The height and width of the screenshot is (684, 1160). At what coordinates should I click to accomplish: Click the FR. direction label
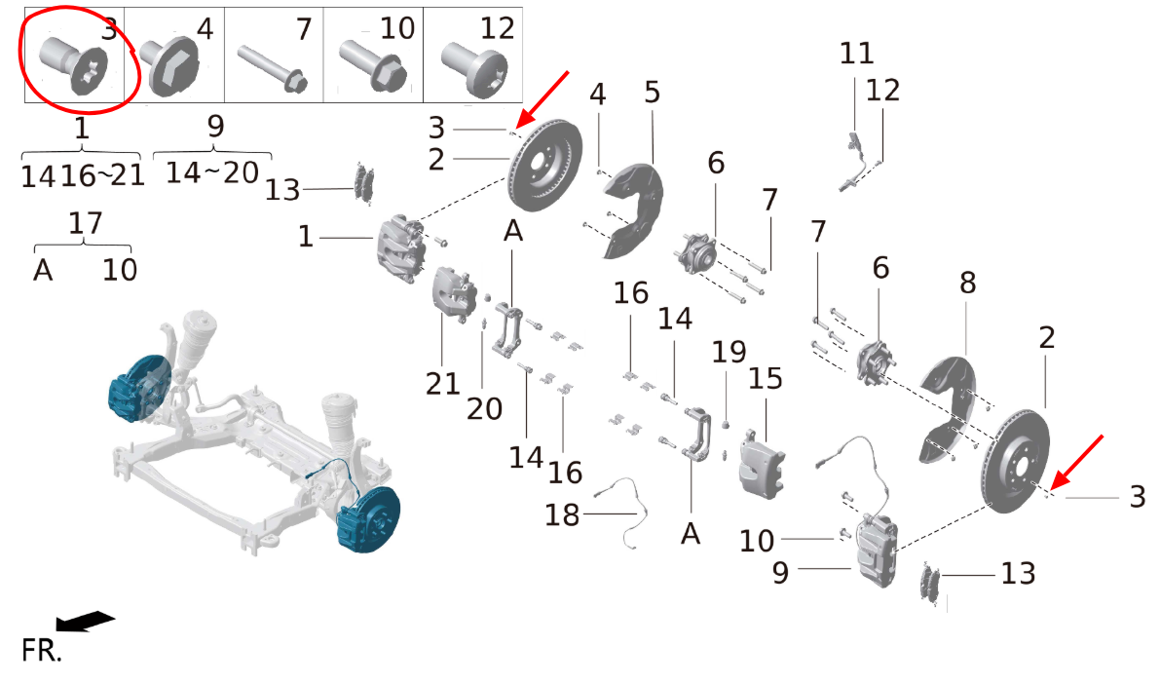tap(42, 651)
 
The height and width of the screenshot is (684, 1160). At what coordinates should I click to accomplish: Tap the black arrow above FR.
tap(85, 621)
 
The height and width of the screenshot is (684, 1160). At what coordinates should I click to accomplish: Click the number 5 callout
tap(651, 93)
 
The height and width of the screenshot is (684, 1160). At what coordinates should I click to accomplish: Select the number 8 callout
tap(968, 282)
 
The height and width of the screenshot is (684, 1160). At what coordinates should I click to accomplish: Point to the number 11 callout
tap(857, 54)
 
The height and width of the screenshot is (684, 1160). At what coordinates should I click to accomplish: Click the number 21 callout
tap(442, 384)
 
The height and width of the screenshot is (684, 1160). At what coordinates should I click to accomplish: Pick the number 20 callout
tap(485, 408)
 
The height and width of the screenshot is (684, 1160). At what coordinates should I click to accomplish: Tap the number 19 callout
tap(729, 352)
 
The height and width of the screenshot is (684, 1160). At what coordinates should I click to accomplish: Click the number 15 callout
tap(765, 378)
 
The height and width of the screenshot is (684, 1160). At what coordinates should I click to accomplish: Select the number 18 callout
tap(562, 514)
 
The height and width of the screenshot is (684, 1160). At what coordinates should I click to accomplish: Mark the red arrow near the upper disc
tap(543, 99)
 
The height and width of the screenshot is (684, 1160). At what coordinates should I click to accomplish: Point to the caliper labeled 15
tap(762, 465)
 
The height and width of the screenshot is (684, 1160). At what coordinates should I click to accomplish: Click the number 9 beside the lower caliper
tap(780, 573)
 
